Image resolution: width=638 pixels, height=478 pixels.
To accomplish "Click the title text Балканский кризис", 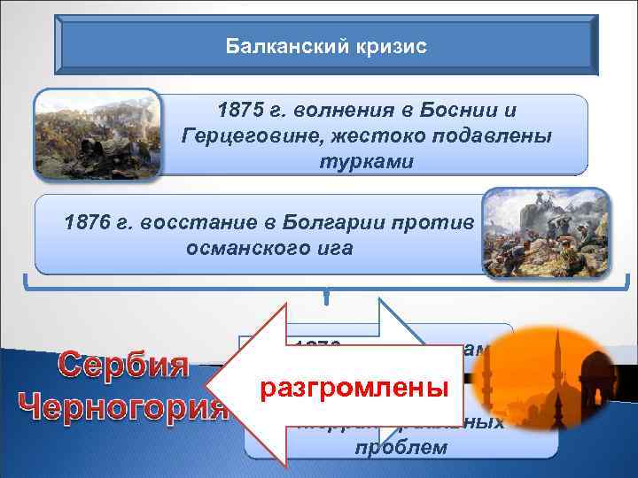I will (325, 45).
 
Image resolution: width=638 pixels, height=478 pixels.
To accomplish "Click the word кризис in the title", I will (389, 45).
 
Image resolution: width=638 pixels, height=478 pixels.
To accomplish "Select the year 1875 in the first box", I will (239, 112).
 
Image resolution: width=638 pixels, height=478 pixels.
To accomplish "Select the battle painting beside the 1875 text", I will (97, 133).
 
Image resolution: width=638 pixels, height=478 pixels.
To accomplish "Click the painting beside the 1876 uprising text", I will (546, 233).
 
